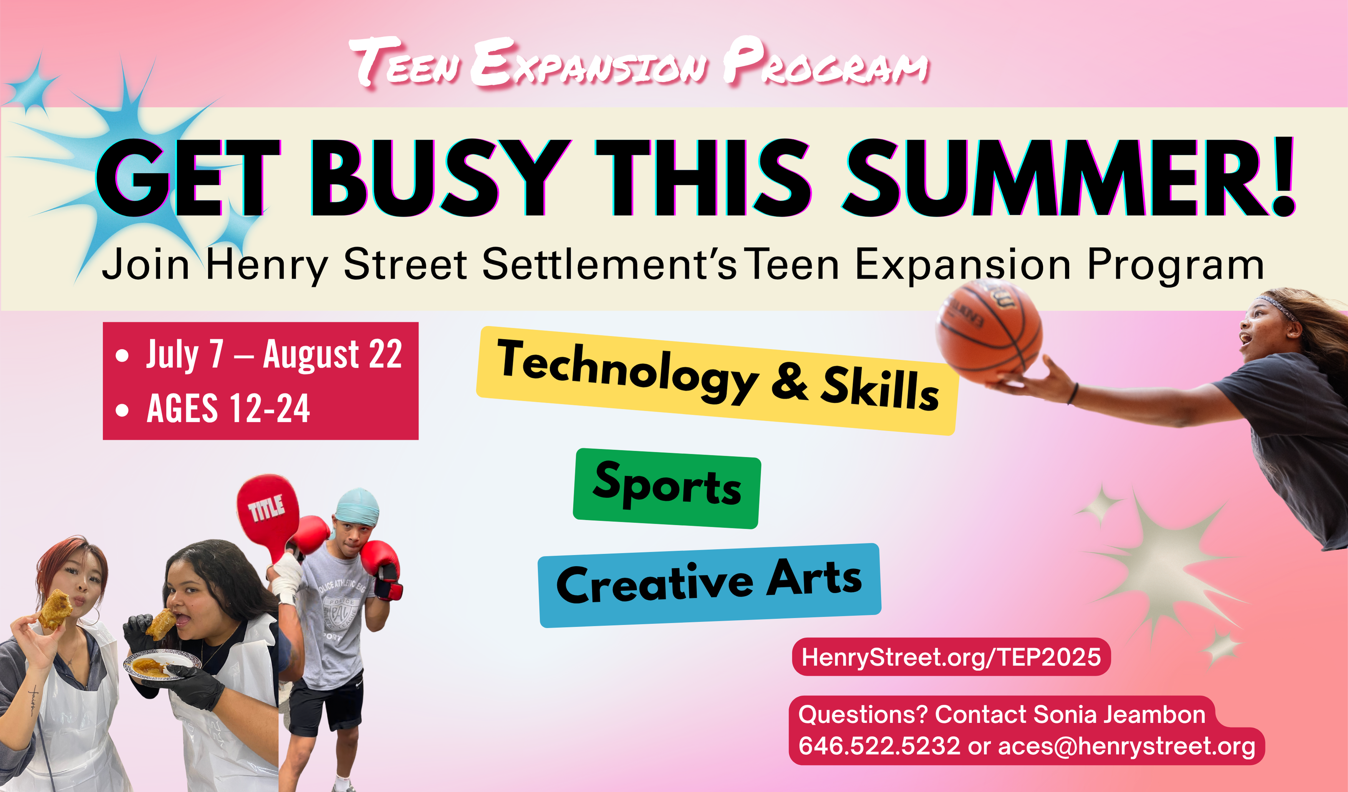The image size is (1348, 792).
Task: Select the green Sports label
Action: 667,488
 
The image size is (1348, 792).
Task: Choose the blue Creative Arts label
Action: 709,585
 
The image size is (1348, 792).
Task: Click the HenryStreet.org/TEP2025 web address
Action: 951,657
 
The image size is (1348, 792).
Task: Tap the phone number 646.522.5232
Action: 879,746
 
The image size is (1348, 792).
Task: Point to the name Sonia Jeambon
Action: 1119,714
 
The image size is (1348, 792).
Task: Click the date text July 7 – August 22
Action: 274,354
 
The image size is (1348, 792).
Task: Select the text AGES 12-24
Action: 229,408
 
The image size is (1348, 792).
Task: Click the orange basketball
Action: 989,330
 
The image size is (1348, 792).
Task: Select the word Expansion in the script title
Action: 590,62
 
